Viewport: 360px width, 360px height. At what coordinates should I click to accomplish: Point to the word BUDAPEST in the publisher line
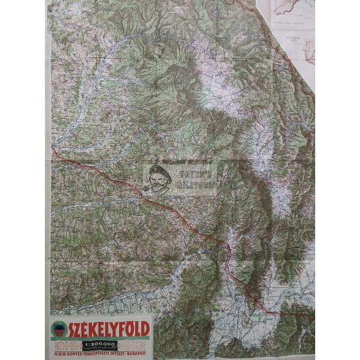point(135,352)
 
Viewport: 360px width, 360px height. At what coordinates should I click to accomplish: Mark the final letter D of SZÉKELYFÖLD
point(146,328)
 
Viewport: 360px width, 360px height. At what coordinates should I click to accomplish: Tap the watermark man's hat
point(156,170)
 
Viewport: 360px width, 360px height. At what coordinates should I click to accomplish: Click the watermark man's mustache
point(155,184)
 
